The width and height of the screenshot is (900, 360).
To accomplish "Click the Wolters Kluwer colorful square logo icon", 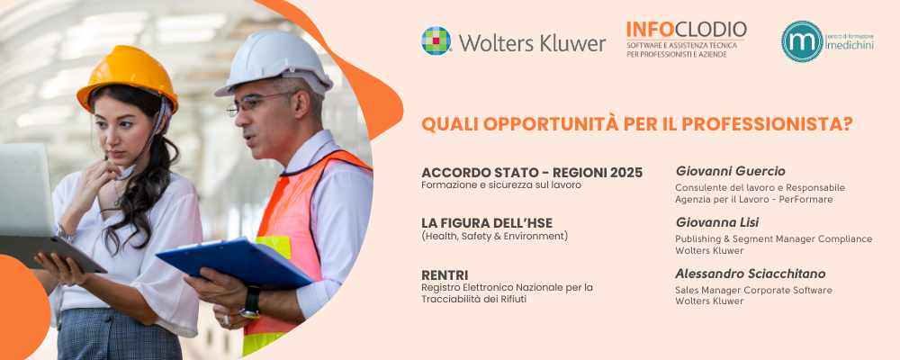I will coord(436,41).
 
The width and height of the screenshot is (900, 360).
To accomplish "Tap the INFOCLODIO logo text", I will coord(686,31).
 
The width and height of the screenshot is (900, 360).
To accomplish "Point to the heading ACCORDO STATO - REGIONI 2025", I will coord(532,173).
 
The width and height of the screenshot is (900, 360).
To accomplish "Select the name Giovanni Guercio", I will coord(730,171).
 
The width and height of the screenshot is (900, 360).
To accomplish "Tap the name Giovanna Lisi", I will coord(717,221).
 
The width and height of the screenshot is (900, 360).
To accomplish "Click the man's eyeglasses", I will coord(249,105).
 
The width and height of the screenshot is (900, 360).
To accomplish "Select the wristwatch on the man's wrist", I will coord(251,302).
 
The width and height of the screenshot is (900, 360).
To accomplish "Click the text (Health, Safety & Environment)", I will coord(494,236).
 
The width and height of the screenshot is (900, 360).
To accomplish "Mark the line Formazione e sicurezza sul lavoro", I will coord(501,185).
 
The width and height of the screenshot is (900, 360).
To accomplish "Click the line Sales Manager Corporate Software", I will coord(753,290).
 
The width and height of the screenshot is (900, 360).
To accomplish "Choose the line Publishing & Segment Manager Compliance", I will coord(773,238).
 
